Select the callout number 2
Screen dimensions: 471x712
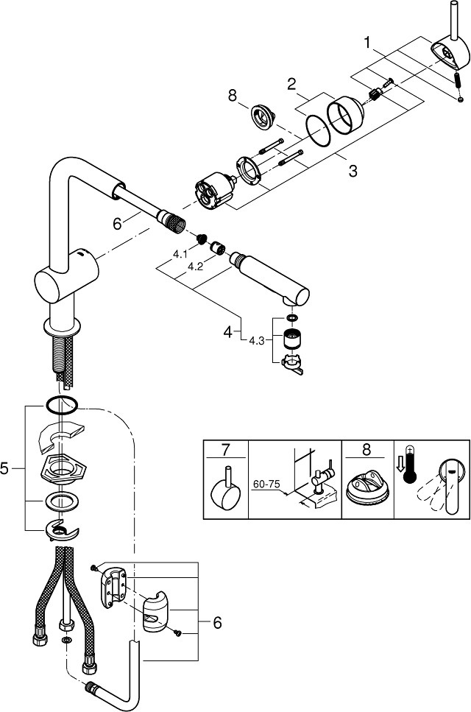[291, 83]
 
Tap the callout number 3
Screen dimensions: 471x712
[353, 171]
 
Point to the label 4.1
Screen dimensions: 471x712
[180, 255]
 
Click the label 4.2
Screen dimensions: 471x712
[195, 267]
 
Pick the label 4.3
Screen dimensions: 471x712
[256, 341]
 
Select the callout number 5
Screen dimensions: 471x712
[4, 468]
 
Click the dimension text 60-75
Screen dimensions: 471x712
[266, 484]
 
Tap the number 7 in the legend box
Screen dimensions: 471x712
[226, 450]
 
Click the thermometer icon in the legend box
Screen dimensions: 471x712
[410, 465]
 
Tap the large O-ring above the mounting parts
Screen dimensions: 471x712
[62, 405]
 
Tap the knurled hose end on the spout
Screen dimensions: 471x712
[170, 219]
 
